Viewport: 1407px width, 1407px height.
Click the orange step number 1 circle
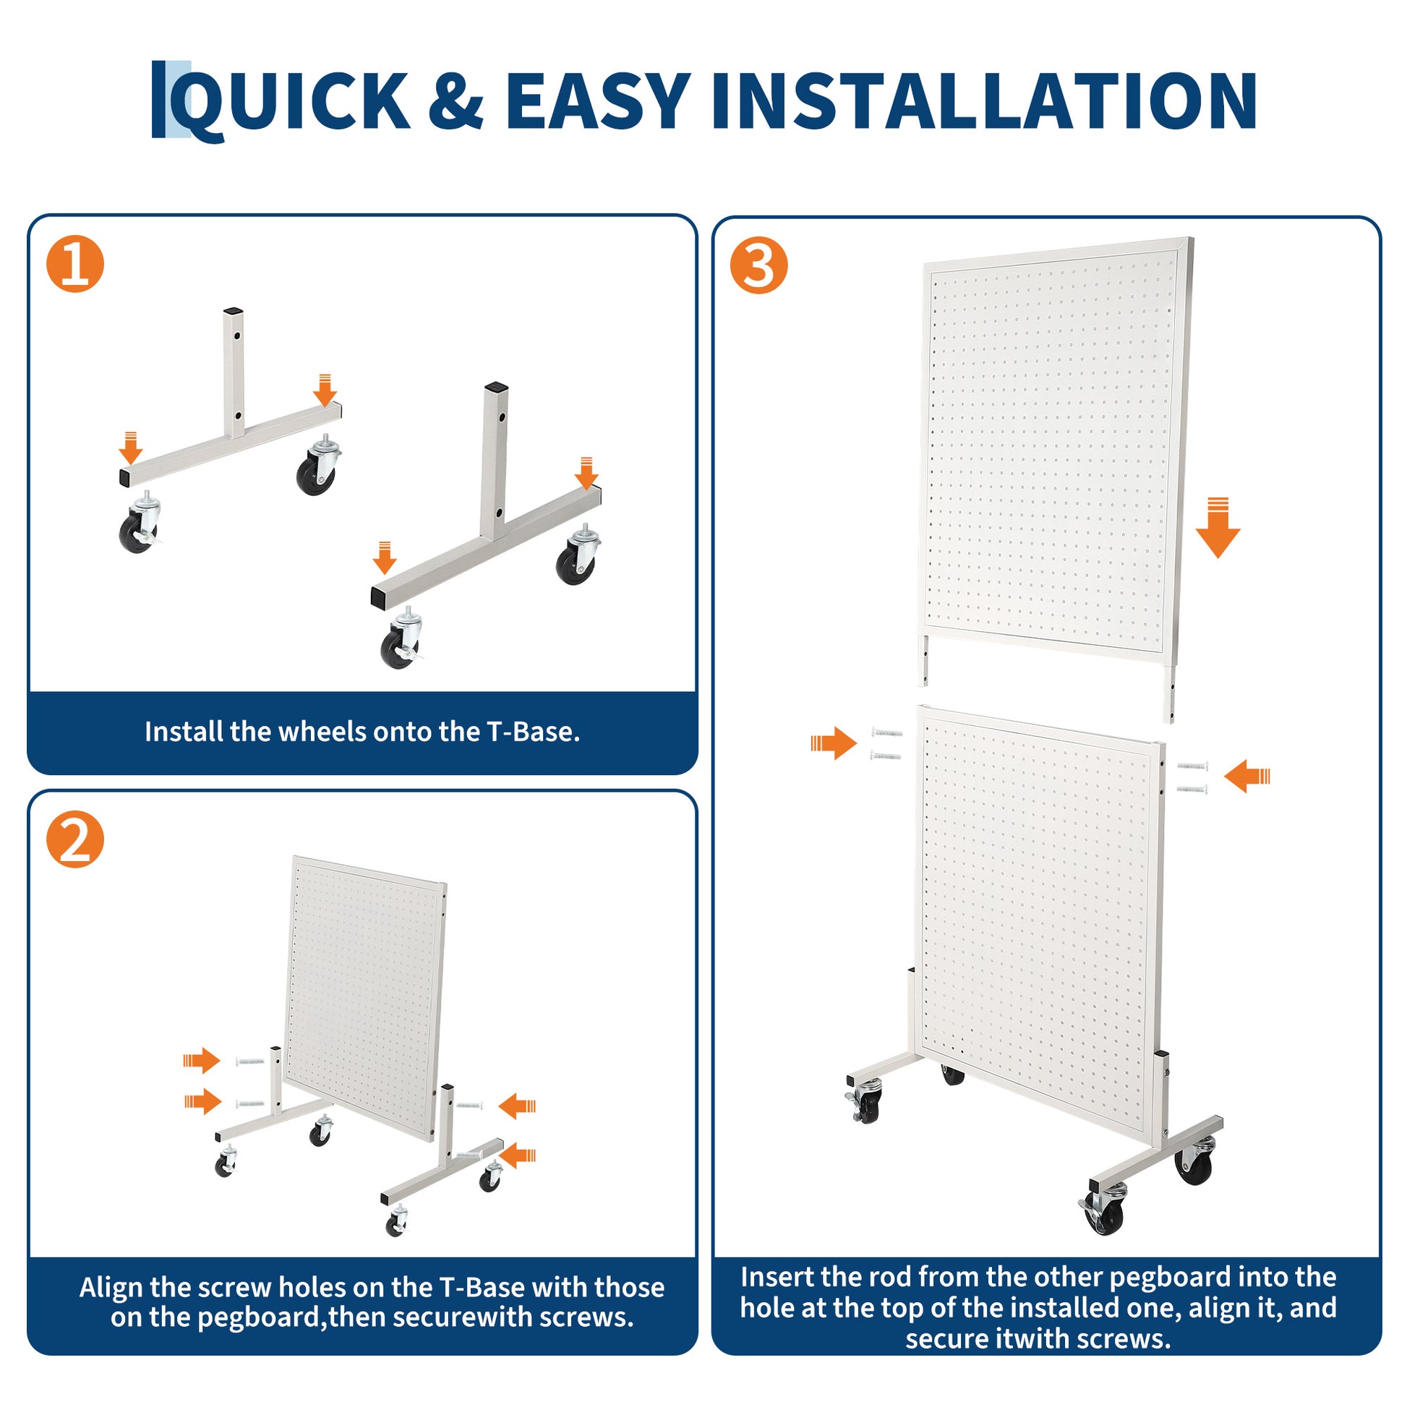(75, 264)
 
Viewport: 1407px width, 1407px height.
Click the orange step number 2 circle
(75, 839)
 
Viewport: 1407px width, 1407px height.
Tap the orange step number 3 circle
(759, 265)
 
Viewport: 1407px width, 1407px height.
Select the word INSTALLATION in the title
(984, 100)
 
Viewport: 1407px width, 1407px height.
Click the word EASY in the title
(597, 100)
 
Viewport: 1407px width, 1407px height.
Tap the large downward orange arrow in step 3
(1218, 527)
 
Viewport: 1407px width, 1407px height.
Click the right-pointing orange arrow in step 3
(834, 743)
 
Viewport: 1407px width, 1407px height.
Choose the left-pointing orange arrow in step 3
(1246, 777)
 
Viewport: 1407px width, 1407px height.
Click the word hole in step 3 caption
(766, 1308)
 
